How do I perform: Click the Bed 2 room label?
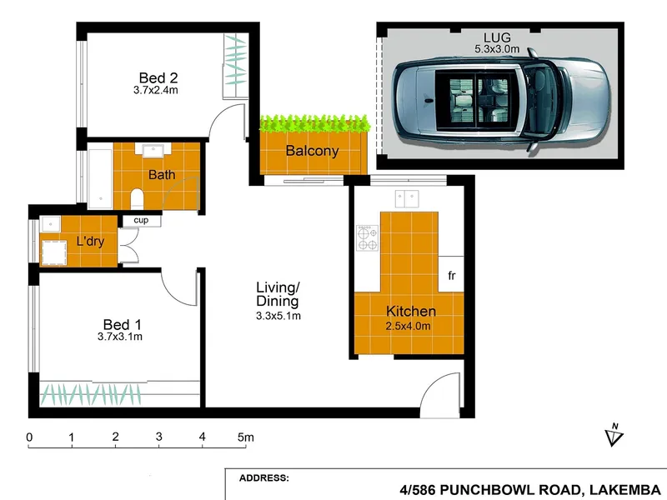tap(158, 77)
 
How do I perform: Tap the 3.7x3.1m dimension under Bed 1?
tap(120, 337)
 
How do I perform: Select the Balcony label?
tap(312, 151)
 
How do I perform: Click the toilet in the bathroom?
tap(137, 198)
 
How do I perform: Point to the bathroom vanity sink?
tap(153, 151)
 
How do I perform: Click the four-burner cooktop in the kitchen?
tap(367, 238)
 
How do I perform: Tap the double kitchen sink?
tap(407, 198)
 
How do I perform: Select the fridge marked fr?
tap(451, 274)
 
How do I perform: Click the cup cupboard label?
tap(141, 220)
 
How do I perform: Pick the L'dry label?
tap(90, 242)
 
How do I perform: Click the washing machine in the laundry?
tap(54, 252)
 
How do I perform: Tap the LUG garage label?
tap(497, 37)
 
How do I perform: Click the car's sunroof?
tap(479, 100)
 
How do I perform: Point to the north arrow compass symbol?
tap(614, 435)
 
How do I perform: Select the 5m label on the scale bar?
tap(245, 437)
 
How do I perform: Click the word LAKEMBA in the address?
tap(624, 490)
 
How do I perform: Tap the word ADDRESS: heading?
tap(263, 477)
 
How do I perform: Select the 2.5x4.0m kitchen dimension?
tap(408, 326)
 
